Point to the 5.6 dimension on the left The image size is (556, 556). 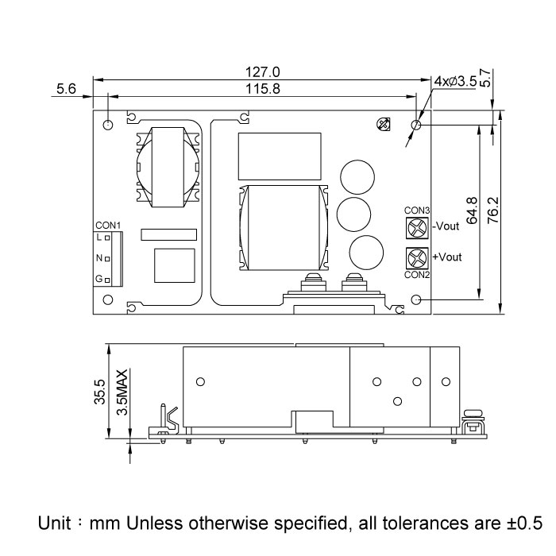click(x=66, y=90)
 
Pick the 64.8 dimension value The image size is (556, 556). click(x=473, y=213)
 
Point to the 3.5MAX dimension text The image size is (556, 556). click(x=121, y=392)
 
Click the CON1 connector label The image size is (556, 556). click(x=107, y=225)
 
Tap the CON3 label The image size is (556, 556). click(x=417, y=210)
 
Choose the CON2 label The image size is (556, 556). click(x=417, y=275)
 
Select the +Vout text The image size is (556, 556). click(x=446, y=257)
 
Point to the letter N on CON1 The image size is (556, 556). click(x=99, y=258)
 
